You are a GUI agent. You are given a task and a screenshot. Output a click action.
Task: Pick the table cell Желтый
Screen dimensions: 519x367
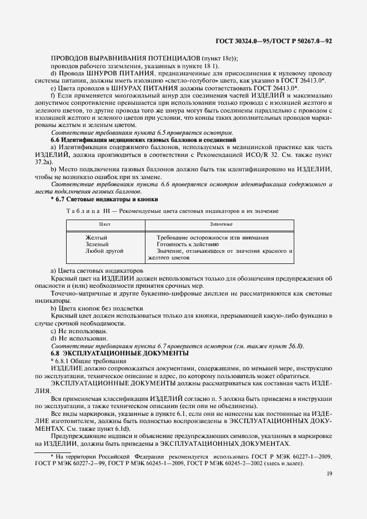click(x=97, y=237)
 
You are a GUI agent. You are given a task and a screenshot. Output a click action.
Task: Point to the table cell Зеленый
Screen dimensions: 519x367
click(x=97, y=244)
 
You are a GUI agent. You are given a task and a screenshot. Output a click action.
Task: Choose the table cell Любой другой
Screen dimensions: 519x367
click(x=104, y=251)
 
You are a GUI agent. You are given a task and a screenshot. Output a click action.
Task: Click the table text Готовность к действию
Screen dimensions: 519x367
click(x=188, y=244)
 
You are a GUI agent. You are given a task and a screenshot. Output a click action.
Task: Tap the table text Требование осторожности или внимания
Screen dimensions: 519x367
click(x=213, y=237)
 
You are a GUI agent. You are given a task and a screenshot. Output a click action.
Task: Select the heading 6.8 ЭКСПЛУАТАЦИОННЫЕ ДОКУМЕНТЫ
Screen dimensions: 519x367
click(x=120, y=353)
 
